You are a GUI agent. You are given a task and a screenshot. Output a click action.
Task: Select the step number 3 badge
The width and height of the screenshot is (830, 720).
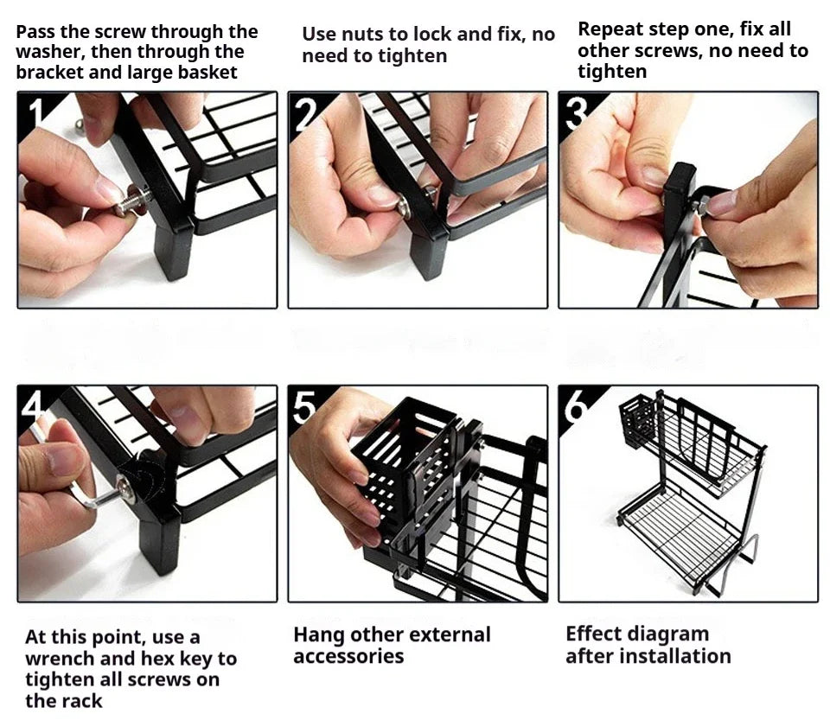[573, 110]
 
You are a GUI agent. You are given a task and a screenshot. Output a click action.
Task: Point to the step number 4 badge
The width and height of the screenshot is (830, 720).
[33, 405]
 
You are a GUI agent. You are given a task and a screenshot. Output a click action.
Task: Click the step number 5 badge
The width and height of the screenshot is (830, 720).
[303, 405]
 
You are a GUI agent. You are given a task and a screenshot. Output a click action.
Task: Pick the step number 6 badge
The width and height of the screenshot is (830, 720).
[574, 405]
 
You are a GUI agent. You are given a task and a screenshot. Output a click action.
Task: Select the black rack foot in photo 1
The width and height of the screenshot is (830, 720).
[173, 251]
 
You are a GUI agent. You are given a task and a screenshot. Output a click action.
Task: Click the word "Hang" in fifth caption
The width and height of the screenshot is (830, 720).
[318, 634]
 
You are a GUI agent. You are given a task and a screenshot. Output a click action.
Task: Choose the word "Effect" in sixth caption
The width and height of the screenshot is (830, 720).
[594, 634]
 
